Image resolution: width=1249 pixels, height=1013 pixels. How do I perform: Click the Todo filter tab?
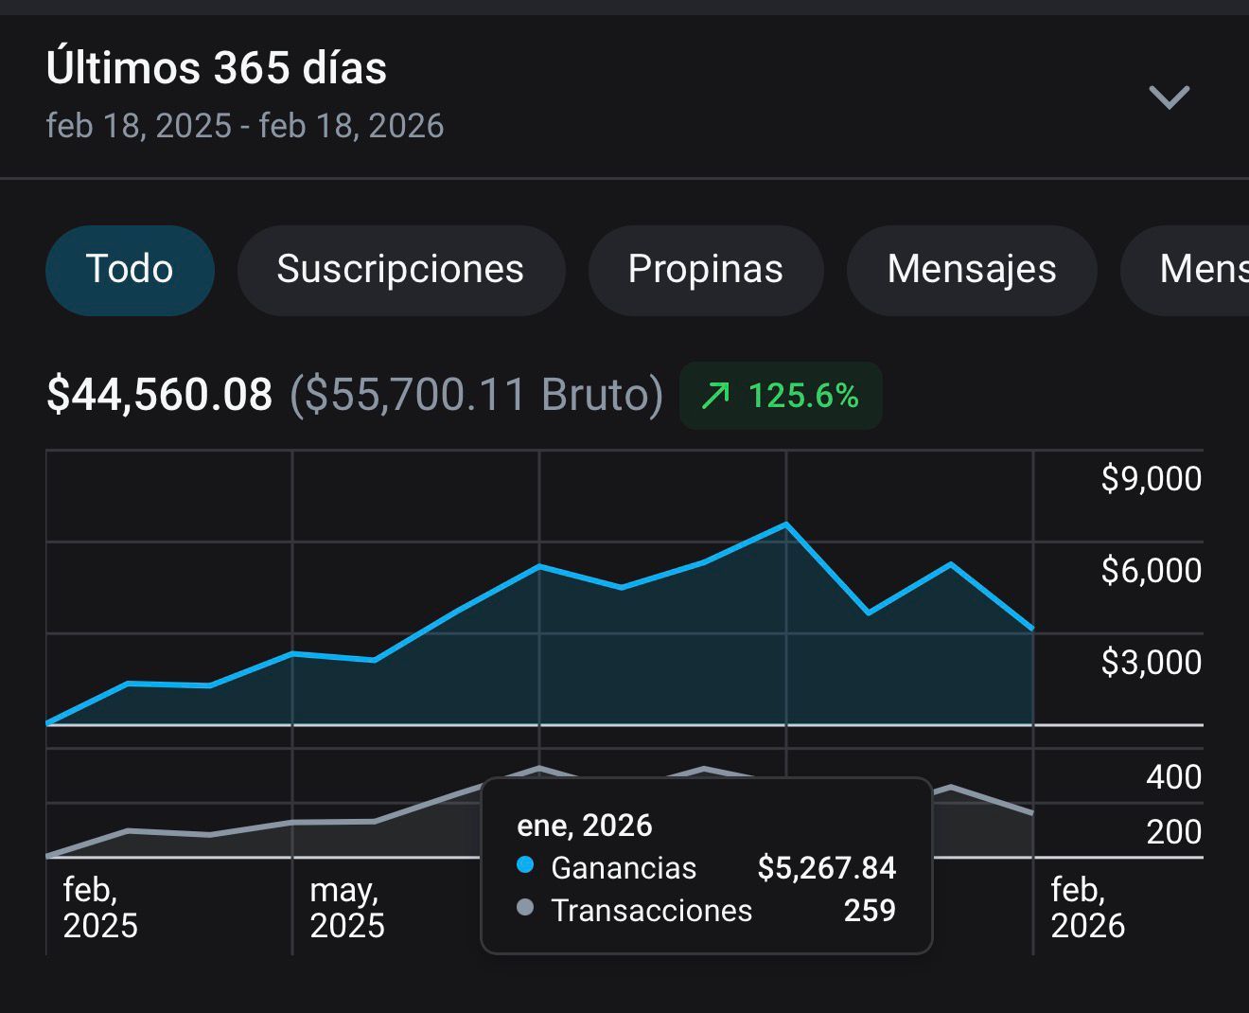click(x=130, y=270)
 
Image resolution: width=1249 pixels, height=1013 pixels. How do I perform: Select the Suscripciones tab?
click(x=400, y=270)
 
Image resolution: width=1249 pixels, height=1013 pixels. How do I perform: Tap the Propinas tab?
click(x=706, y=270)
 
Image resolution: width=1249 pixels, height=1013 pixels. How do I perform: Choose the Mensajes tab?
click(x=972, y=270)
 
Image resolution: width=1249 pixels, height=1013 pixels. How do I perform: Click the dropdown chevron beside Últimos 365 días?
click(x=1169, y=98)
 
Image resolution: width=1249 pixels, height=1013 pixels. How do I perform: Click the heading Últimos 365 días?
click(x=217, y=68)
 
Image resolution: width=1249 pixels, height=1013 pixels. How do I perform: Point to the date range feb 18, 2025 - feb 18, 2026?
click(x=245, y=126)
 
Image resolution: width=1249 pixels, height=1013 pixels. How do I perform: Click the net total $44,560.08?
click(x=159, y=395)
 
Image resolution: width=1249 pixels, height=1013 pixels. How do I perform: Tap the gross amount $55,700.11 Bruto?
click(x=476, y=395)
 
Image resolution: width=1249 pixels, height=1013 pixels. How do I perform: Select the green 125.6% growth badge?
click(x=781, y=396)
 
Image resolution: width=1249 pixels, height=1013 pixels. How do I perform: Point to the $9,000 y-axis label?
click(x=1151, y=479)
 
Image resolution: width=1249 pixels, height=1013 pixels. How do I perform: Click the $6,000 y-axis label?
click(x=1151, y=571)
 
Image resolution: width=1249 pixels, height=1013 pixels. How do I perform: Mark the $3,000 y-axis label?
click(x=1151, y=663)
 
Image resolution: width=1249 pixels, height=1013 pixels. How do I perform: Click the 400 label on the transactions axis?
click(x=1173, y=777)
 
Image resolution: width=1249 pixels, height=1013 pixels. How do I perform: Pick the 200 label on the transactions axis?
click(x=1173, y=832)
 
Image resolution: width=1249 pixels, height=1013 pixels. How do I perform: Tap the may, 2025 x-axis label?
click(x=346, y=908)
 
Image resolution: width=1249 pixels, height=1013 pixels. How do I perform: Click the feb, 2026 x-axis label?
click(x=1087, y=908)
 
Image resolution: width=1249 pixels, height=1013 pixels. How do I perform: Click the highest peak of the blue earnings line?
click(x=786, y=524)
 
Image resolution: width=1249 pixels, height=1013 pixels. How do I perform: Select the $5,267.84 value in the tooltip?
click(x=826, y=868)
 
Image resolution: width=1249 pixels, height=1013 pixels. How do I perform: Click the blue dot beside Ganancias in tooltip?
click(x=525, y=865)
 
